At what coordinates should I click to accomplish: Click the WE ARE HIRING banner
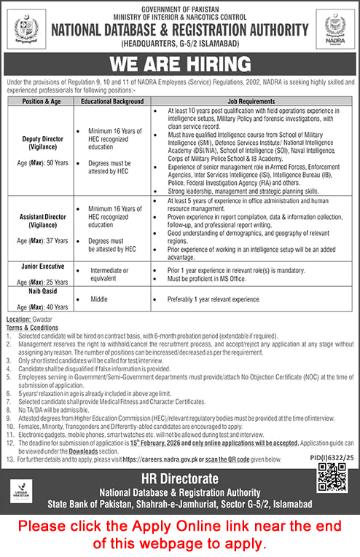(180, 63)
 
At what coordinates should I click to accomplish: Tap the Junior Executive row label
(41, 266)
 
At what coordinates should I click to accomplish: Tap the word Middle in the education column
(100, 299)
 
